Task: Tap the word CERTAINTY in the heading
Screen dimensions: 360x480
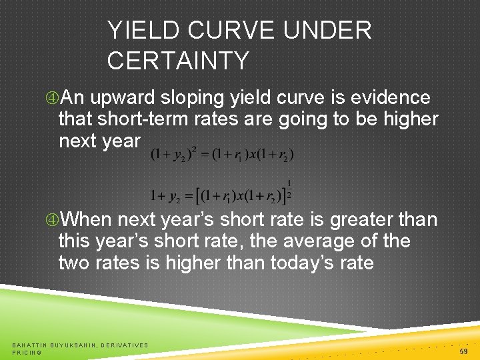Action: (177, 61)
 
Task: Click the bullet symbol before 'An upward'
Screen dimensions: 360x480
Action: (51, 98)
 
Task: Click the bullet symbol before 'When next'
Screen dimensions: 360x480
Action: (51, 220)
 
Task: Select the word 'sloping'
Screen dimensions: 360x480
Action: (192, 98)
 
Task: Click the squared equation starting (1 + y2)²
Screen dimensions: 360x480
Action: (222, 155)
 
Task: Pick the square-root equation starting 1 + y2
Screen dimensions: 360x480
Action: (220, 195)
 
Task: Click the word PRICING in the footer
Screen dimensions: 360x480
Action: (27, 352)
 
